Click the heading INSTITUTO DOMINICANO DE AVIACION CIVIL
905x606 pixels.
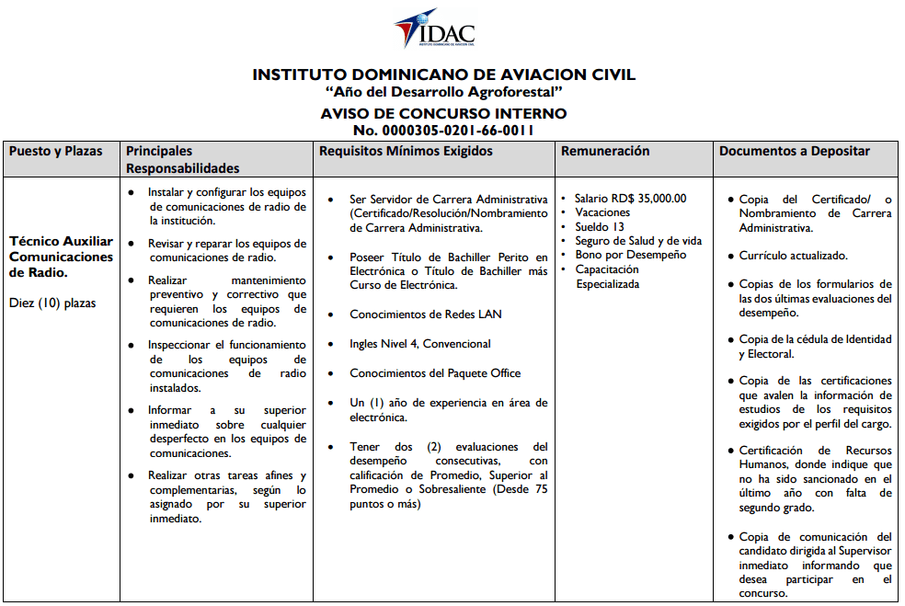point(443,74)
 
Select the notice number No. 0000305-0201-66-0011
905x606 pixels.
point(443,130)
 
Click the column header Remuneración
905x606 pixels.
point(605,151)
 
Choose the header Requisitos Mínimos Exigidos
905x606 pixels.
point(406,151)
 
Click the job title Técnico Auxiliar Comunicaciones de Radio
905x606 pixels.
point(61,257)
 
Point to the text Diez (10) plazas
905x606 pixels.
point(52,303)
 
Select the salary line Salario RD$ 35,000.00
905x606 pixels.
point(630,198)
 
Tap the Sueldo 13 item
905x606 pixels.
point(599,226)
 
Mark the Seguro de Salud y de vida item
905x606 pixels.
point(637,241)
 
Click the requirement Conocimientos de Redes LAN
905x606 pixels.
point(425,314)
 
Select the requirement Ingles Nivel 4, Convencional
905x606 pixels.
point(420,344)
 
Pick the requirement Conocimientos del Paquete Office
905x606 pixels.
point(435,373)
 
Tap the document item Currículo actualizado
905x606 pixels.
point(793,256)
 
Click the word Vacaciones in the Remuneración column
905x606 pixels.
point(602,212)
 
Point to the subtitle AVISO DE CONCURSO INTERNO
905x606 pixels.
point(443,113)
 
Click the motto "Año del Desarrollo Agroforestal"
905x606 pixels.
point(443,93)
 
